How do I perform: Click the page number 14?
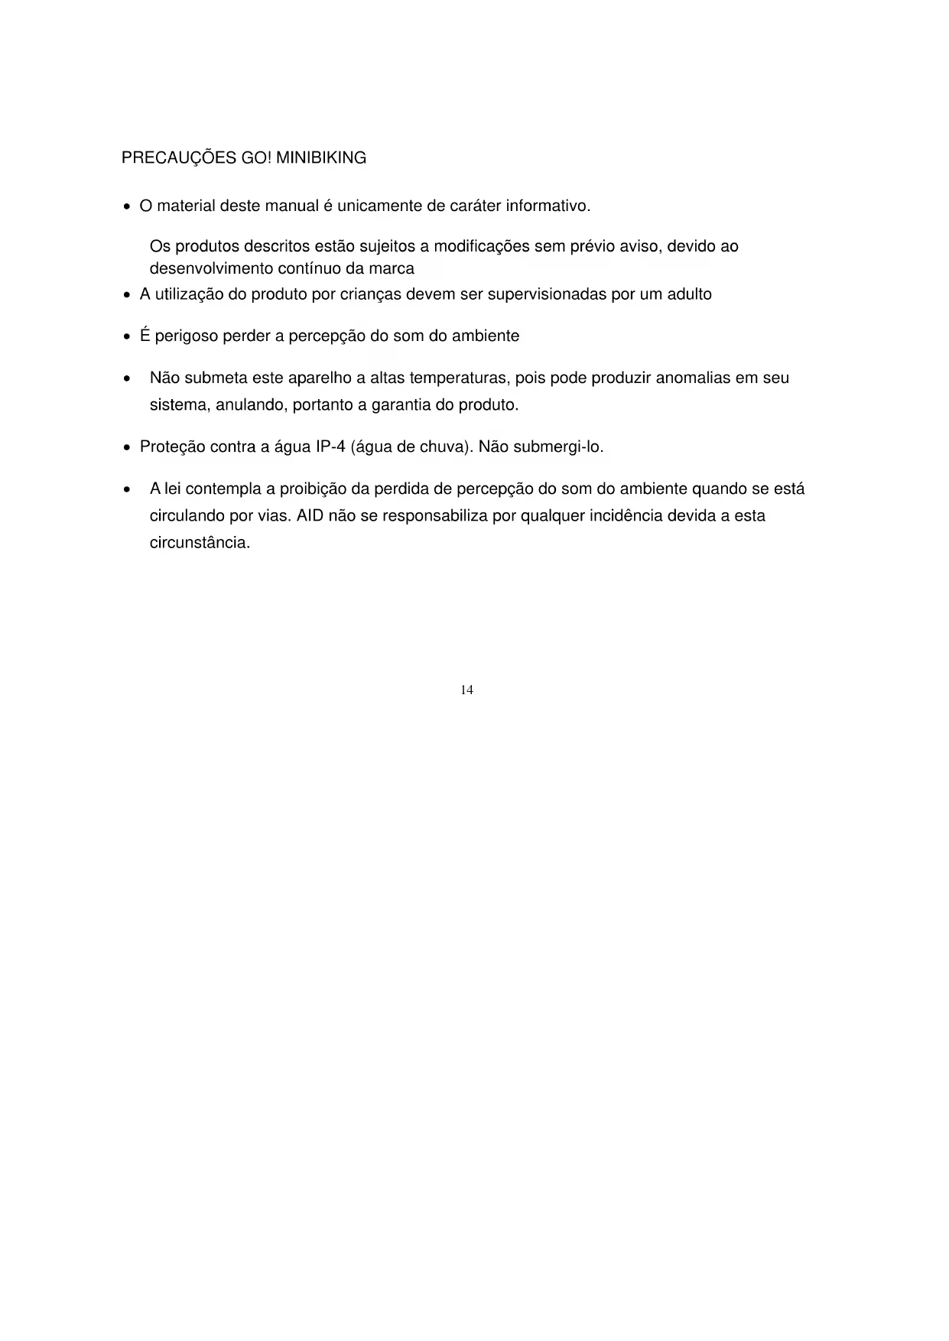[x=466, y=690]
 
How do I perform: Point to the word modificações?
[x=482, y=247]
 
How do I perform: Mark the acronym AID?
[x=310, y=516]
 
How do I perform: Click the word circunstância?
[x=200, y=544]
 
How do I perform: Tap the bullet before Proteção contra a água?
[x=127, y=448]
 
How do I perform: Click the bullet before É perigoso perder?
[x=127, y=337]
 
